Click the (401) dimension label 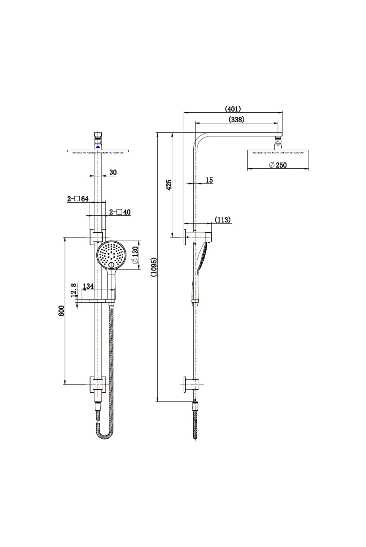233,108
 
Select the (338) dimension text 236,119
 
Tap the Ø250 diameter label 278,165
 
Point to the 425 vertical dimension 169,184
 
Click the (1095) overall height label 154,267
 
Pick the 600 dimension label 61,311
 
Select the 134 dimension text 88,286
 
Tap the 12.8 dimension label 73,290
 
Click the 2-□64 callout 78,199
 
